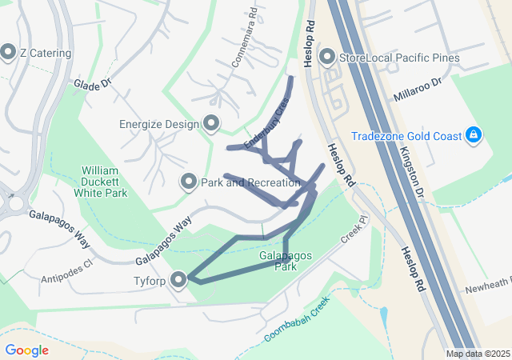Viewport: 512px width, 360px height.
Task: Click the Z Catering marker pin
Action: pyautogui.click(x=9, y=53)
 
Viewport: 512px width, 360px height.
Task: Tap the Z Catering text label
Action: pyautogui.click(x=46, y=54)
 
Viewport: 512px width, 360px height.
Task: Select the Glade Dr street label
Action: pyautogui.click(x=90, y=84)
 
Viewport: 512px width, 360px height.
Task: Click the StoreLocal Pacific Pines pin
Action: pyautogui.click(x=327, y=57)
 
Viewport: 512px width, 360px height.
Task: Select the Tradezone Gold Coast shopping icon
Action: pyautogui.click(x=474, y=134)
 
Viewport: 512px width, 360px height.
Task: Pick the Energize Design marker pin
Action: pyautogui.click(x=211, y=123)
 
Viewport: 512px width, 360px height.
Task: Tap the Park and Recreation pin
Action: pyautogui.click(x=189, y=182)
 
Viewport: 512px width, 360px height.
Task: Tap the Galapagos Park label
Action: pyautogui.click(x=286, y=262)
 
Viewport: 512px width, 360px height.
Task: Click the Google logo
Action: pyautogui.click(x=26, y=350)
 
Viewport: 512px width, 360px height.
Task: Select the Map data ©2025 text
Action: pyautogui.click(x=477, y=354)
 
